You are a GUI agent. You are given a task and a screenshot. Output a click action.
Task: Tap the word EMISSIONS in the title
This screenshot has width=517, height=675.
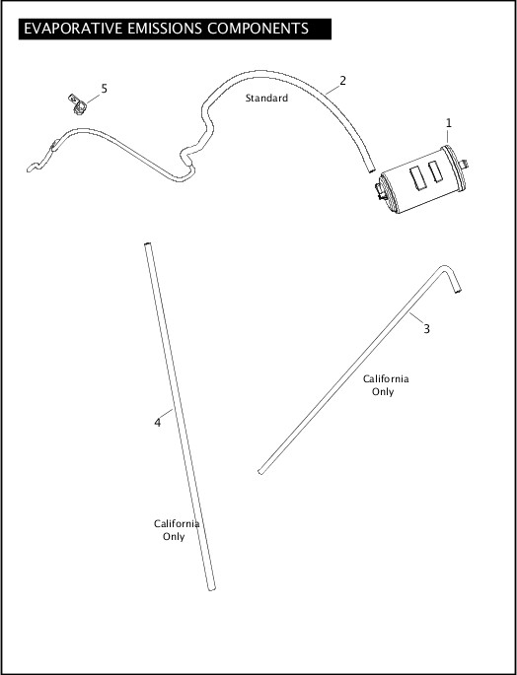165,29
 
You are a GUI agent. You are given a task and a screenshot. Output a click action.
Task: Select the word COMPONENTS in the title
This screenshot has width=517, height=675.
258,29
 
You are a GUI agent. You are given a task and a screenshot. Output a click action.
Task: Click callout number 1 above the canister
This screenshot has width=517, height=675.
449,123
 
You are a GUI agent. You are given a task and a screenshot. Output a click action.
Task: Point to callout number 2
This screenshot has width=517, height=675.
342,81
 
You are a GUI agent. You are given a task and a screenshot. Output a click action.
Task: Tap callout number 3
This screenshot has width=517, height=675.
426,329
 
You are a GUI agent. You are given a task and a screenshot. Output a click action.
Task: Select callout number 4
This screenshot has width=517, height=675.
158,423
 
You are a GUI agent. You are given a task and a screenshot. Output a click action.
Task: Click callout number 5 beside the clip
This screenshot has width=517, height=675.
104,89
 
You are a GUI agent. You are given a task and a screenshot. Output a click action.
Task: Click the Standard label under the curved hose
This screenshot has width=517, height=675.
266,99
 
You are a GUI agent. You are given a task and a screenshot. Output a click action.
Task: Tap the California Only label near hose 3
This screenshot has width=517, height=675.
386,385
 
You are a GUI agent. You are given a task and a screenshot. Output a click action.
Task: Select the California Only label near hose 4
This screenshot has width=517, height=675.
177,530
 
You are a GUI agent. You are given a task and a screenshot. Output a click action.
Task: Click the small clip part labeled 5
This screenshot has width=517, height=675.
77,104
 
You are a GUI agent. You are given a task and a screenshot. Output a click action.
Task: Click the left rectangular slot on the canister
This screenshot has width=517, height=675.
418,177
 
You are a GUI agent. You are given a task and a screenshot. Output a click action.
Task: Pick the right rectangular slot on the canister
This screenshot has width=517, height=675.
435,171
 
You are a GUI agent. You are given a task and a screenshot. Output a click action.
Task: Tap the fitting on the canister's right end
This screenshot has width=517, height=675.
465,164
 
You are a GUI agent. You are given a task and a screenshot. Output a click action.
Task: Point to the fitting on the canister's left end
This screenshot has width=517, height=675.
381,191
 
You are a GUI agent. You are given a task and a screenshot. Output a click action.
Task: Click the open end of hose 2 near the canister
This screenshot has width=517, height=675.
371,170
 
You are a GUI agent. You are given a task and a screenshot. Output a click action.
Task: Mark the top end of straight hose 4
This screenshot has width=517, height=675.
147,245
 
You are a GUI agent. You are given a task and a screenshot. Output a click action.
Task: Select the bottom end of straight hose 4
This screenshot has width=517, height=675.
212,588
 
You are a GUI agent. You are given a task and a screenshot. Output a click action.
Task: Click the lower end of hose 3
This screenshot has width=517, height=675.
260,472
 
